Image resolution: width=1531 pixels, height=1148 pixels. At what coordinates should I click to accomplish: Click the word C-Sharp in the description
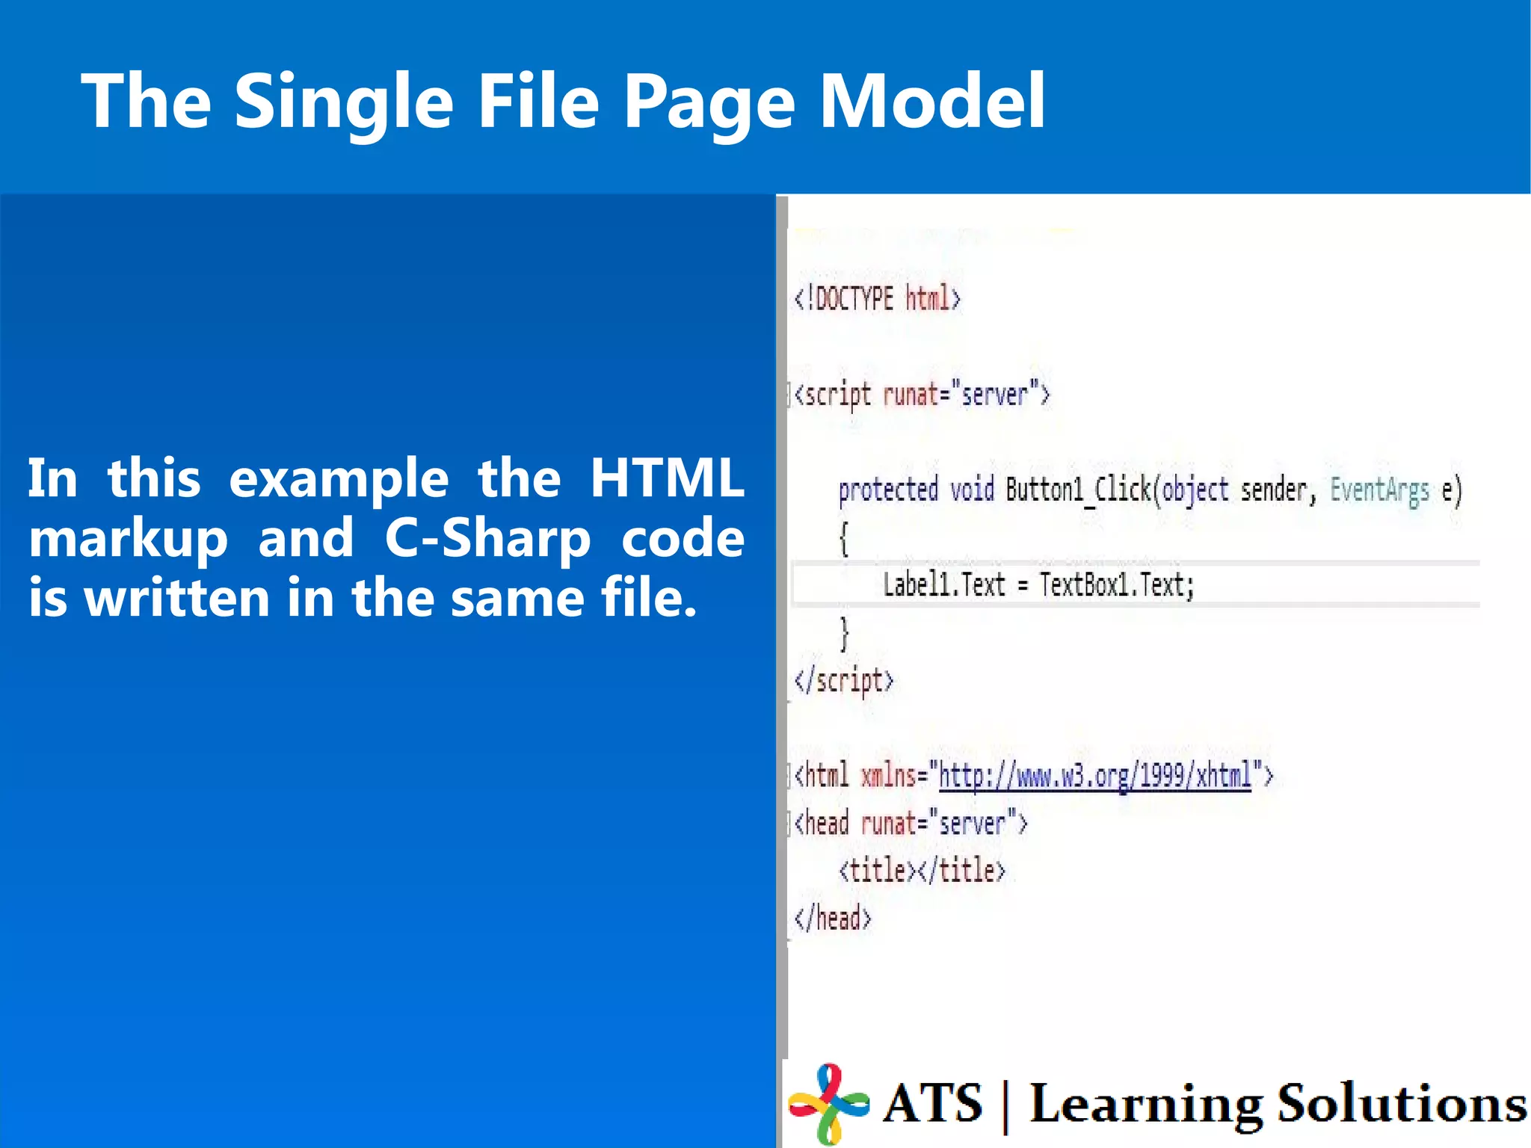pos(487,538)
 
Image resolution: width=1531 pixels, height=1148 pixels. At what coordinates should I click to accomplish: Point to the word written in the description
pos(176,598)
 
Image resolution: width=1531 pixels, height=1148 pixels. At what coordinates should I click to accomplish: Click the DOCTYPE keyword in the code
pos(854,299)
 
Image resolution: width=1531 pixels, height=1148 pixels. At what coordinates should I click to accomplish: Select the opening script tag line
pos(922,394)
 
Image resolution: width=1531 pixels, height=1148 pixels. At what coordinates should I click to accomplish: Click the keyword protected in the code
pos(888,490)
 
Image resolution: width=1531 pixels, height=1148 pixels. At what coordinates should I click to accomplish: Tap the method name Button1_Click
pos(1078,490)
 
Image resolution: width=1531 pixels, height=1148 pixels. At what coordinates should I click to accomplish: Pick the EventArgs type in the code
pos(1379,490)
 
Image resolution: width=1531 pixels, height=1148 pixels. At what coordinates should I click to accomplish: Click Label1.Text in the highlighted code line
pos(944,584)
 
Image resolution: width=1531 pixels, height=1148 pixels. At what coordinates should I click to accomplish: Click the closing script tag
pos(844,680)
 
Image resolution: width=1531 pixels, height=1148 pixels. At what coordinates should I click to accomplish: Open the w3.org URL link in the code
pos(1095,776)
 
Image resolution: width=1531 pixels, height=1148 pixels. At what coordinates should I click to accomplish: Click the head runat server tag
pos(911,823)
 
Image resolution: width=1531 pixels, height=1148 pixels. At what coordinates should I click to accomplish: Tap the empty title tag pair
pos(922,871)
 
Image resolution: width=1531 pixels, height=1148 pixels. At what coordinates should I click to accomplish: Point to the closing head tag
pos(833,918)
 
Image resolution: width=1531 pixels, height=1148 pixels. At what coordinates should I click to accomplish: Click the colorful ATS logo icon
pos(828,1102)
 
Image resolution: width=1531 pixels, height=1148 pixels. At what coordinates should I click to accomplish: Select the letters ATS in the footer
pos(932,1103)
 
